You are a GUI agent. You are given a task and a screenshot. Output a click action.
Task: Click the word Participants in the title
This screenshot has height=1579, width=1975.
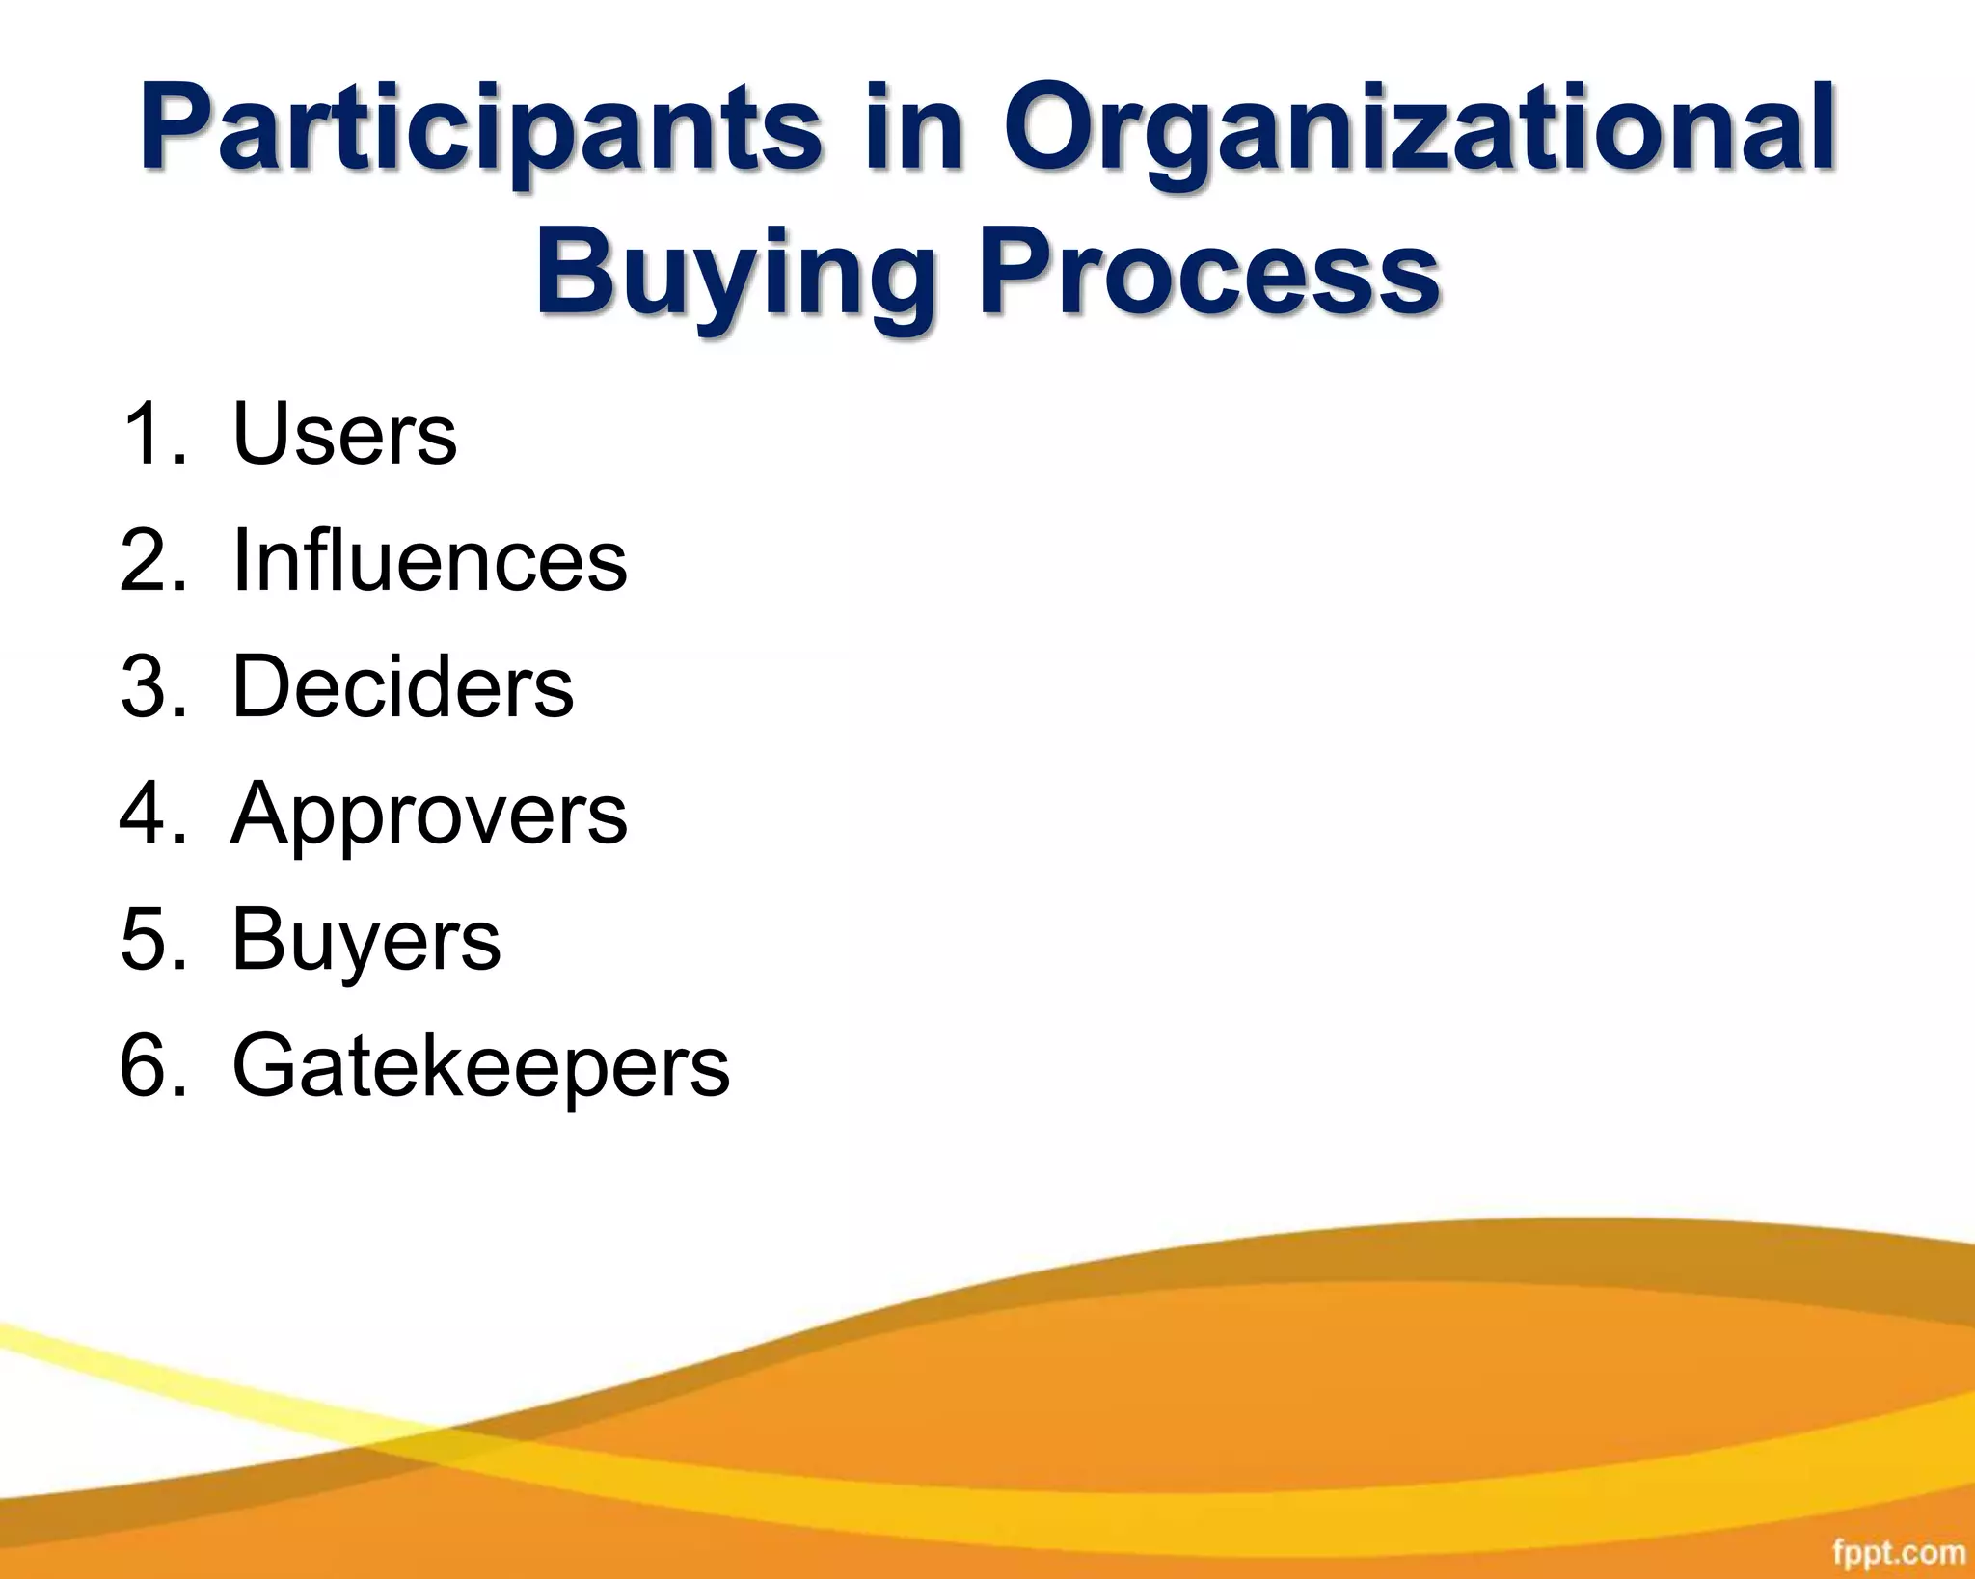[x=480, y=130]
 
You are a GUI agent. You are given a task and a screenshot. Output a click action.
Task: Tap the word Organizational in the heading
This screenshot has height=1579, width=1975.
[x=1420, y=130]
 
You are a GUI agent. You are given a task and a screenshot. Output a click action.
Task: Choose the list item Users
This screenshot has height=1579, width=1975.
[x=344, y=434]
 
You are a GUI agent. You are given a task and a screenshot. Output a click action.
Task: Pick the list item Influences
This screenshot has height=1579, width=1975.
[x=429, y=560]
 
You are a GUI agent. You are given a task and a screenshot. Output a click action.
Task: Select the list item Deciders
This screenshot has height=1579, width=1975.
[x=402, y=686]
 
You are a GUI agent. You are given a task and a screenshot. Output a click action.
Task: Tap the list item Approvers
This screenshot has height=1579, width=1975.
[x=429, y=815]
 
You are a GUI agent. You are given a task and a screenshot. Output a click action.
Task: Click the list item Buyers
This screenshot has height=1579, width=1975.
[x=365, y=940]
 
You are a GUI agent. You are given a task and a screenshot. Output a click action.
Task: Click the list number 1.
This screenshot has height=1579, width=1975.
[x=152, y=434]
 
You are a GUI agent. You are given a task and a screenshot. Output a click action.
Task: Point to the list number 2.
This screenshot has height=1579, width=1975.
[x=152, y=560]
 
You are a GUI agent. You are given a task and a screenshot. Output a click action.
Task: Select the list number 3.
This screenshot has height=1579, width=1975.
[x=152, y=686]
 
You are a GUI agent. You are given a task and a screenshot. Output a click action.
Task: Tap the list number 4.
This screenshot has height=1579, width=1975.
[x=152, y=815]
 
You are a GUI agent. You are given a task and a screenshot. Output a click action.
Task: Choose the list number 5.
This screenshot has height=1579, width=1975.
[x=152, y=940]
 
